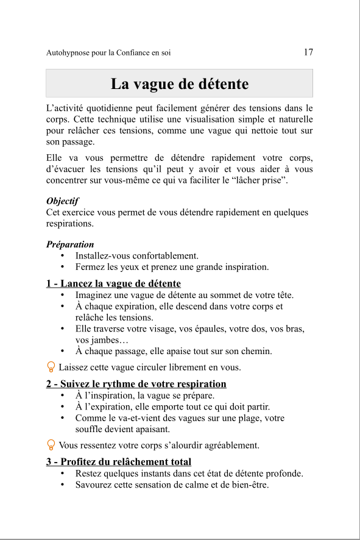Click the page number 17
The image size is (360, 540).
coord(308,52)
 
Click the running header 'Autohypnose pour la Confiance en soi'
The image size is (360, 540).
coord(108,53)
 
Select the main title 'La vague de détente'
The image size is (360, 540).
coord(180,83)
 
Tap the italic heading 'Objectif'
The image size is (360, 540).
coord(62,201)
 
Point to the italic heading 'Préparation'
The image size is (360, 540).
coord(70,244)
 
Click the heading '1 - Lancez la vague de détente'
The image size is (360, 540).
coord(113,283)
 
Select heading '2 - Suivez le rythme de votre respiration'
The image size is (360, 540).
coord(136,384)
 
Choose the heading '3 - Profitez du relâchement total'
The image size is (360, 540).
coord(119,461)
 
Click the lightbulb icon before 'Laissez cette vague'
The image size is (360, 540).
coord(51,367)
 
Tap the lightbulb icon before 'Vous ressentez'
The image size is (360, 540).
coord(51,445)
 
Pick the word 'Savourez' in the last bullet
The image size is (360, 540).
coord(93,485)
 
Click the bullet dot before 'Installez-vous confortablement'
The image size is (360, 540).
coord(63,256)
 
